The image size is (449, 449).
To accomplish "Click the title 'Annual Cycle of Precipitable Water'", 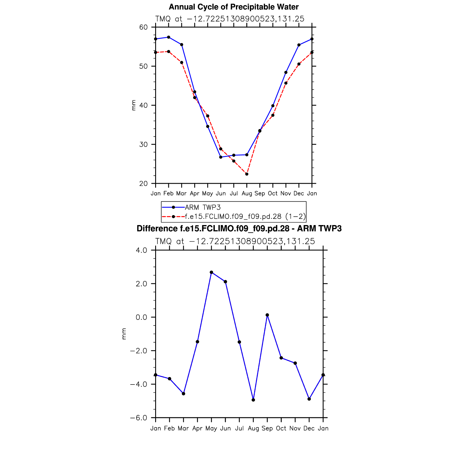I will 234,7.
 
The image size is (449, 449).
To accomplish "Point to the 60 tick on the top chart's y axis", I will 143,27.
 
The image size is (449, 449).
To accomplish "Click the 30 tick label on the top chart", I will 143,144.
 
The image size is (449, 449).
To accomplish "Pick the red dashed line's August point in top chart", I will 247,174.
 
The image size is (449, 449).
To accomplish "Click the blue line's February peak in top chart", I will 169,37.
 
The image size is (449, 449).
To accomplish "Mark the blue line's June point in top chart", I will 221,157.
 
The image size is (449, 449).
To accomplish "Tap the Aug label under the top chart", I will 247,193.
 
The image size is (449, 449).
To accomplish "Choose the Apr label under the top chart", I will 195,193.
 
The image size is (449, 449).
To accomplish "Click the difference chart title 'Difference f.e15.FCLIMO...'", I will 239,228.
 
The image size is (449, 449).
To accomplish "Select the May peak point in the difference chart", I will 211,272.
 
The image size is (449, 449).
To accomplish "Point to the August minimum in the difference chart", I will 253,400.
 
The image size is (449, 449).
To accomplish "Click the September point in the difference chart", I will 267,315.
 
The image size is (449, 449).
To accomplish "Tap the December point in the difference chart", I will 309,399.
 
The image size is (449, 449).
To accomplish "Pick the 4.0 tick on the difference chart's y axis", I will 141,250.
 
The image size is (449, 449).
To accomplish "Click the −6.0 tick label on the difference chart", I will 139,418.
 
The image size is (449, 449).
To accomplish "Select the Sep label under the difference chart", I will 267,428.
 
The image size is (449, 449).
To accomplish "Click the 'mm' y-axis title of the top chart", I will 133,105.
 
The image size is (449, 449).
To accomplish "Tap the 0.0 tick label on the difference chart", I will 141,317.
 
